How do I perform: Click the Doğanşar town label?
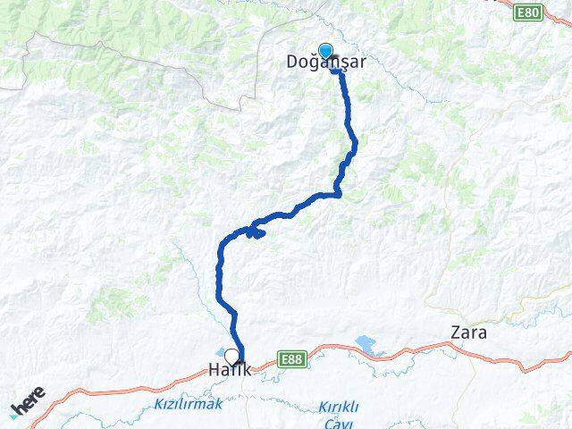click(x=326, y=63)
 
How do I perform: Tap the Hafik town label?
click(x=231, y=369)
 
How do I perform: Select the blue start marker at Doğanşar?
click(x=326, y=51)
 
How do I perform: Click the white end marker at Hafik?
click(x=232, y=355)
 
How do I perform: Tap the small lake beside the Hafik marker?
click(x=220, y=351)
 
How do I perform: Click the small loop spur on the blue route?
click(x=257, y=232)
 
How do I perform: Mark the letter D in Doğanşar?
click(x=292, y=63)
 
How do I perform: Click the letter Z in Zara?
click(x=454, y=333)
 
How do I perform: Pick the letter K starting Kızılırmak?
click(x=157, y=405)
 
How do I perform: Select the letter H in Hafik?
click(x=214, y=369)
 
